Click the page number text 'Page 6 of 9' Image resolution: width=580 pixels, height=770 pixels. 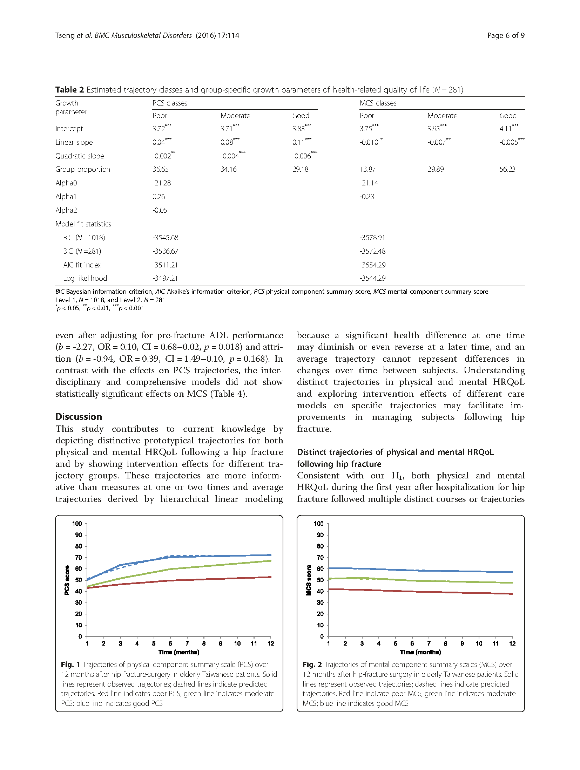[x=505, y=35]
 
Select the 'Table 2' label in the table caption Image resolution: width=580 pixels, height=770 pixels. [x=69, y=90]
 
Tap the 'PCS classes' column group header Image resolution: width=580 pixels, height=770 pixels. [x=170, y=103]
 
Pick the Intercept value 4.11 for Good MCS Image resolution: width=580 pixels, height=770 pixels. [x=505, y=129]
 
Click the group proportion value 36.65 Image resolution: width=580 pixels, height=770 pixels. [x=160, y=169]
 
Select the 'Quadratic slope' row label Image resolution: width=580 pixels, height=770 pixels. [x=80, y=156]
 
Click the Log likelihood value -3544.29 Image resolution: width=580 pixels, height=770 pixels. [x=372, y=278]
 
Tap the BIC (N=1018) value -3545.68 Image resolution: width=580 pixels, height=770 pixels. [x=165, y=238]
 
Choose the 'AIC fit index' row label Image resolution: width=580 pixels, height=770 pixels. [x=82, y=265]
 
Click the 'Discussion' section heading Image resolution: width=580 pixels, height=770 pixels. [x=79, y=416]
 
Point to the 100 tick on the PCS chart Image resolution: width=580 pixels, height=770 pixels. [x=77, y=524]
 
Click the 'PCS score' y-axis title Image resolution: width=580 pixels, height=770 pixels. [x=67, y=580]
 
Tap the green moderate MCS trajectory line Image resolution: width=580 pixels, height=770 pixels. [x=421, y=581]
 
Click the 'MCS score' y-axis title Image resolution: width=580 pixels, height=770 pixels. [x=309, y=580]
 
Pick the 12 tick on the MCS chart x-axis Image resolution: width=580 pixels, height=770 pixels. [x=512, y=643]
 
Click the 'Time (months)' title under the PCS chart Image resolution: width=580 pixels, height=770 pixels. [x=178, y=652]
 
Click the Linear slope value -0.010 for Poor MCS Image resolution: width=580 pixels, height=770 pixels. [x=369, y=142]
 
